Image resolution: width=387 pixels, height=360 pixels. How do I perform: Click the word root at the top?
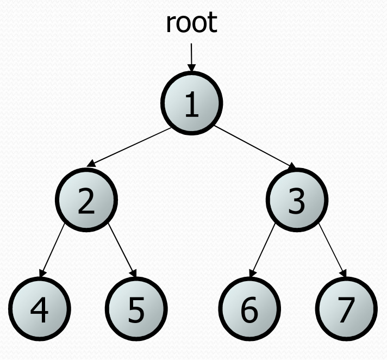(191, 23)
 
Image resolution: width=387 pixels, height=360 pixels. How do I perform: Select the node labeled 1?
(191, 102)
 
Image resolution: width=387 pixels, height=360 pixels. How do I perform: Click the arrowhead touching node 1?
(191, 68)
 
